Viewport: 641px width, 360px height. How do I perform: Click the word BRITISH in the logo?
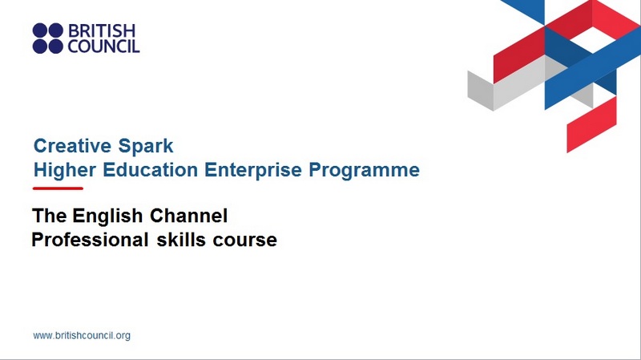[x=102, y=30]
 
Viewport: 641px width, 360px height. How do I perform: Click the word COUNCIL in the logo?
[x=103, y=47]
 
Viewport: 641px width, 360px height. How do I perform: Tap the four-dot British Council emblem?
[x=48, y=38]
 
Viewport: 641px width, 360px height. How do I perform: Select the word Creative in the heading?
[x=72, y=146]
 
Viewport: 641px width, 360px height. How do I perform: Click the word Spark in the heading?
[x=146, y=147]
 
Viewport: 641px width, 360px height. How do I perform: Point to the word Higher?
[x=65, y=170]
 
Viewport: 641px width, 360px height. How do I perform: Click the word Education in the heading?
[x=151, y=170]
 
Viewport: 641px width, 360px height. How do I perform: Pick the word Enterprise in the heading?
[x=253, y=170]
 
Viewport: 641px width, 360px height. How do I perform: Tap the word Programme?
[x=364, y=170]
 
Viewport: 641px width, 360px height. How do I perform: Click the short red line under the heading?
[x=58, y=188]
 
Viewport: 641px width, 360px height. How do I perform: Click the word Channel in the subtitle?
[x=188, y=216]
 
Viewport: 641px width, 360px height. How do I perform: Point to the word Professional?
[x=90, y=240]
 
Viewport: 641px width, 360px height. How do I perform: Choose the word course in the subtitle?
[x=245, y=241]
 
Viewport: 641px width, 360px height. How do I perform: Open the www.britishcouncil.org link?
[x=82, y=335]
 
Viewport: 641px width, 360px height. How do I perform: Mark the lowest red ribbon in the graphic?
[x=591, y=124]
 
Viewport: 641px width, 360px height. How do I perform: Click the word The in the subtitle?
[x=50, y=216]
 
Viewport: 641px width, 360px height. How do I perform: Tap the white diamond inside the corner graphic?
[x=592, y=39]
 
